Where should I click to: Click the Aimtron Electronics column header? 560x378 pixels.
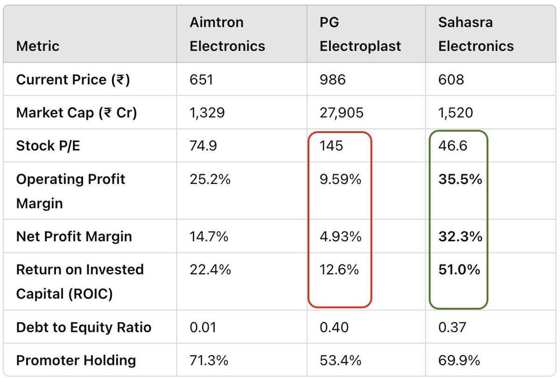(227, 34)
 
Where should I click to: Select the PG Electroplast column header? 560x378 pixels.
(361, 34)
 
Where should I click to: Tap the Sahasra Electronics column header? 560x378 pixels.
(476, 34)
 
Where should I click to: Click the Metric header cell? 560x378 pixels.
(38, 46)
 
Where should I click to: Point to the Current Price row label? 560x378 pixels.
(73, 80)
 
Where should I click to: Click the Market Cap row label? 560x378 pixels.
(77, 113)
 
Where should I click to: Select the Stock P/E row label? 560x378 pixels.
(48, 146)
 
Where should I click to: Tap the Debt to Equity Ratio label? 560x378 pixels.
(84, 327)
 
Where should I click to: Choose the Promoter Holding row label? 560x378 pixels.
(76, 360)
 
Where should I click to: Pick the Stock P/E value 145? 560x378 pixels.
(331, 146)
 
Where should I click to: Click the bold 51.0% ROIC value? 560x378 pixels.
(459, 270)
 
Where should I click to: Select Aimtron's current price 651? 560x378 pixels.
(202, 80)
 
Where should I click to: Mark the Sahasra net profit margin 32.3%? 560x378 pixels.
(460, 237)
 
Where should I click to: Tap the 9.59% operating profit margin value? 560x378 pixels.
(341, 179)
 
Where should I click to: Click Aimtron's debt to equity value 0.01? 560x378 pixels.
(203, 327)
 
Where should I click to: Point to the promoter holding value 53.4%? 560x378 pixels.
(340, 360)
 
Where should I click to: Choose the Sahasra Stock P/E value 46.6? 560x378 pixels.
(453, 146)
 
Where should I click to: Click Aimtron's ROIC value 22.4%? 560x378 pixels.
(210, 270)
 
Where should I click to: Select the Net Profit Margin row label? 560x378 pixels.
(74, 237)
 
